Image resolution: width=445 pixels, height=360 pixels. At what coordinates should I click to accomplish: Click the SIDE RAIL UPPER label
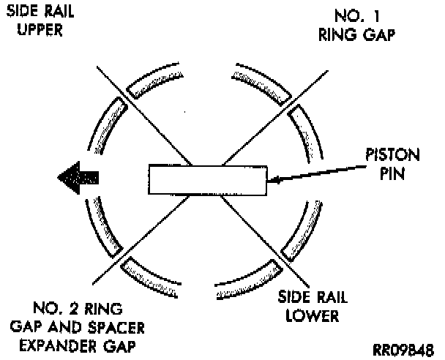pyautogui.click(x=35, y=20)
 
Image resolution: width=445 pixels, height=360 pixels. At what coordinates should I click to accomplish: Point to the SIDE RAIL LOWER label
pyautogui.click(x=308, y=307)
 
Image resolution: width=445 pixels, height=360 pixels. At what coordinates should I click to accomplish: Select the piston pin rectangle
pyautogui.click(x=207, y=179)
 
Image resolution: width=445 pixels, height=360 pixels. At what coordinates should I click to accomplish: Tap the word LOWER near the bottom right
pyautogui.click(x=309, y=317)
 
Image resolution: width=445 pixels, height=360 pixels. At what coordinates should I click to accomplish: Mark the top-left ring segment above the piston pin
pyautogui.click(x=157, y=83)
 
